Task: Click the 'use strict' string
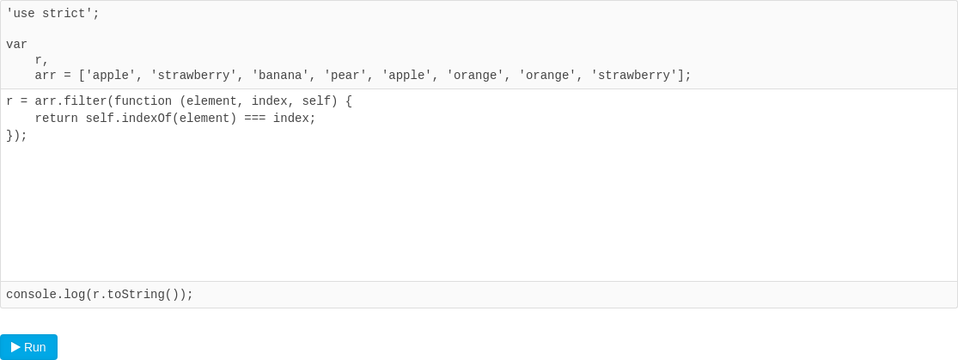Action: coord(49,14)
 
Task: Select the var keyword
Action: coord(16,45)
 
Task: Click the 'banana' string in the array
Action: coord(280,76)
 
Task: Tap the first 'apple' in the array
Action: coord(111,76)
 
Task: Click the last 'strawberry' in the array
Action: coord(634,76)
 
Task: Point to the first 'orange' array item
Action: coord(475,76)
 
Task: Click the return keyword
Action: coord(56,119)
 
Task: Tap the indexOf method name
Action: coord(147,119)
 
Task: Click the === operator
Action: coord(254,119)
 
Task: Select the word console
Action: coord(31,295)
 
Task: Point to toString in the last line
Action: coord(136,295)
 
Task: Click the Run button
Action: coord(28,347)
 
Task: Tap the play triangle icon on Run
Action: coord(15,347)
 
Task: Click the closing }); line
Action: coord(16,136)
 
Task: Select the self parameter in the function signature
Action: coord(316,101)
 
